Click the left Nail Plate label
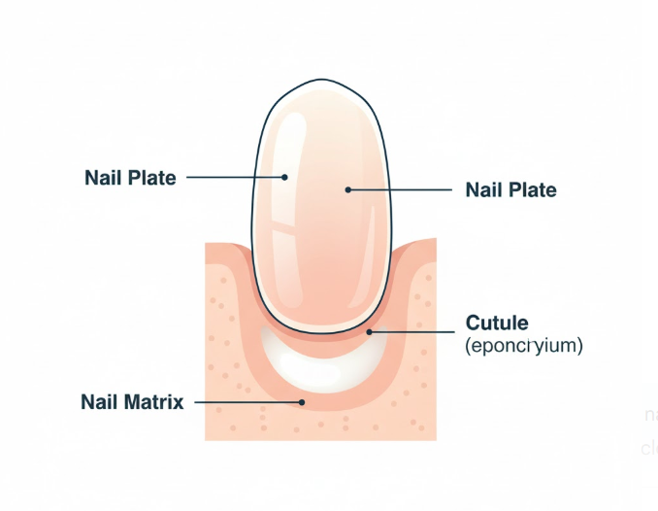130,178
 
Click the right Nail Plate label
510,189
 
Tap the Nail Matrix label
132,401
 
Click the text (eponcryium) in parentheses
524,345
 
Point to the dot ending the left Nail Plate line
285,178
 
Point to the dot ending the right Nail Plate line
347,190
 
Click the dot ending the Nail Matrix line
302,401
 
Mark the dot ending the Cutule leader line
370,332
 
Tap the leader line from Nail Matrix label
248,401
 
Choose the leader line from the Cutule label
412,332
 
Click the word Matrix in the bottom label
153,401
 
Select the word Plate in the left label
152,178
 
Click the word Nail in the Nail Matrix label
100,401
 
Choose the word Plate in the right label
533,189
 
